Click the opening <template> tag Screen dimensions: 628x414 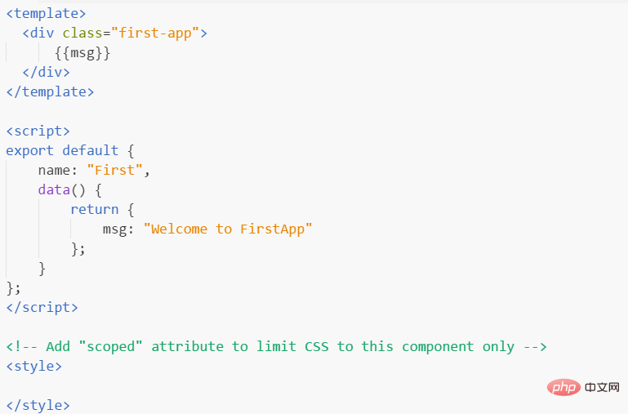click(46, 14)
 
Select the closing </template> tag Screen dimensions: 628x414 click(50, 92)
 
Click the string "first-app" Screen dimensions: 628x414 click(155, 33)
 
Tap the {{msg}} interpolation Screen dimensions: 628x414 click(82, 53)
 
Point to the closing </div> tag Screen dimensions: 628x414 click(46, 73)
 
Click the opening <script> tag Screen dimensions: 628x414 click(38, 131)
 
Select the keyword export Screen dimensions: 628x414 click(30, 151)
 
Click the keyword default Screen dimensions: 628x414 click(91, 150)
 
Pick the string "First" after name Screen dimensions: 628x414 click(114, 170)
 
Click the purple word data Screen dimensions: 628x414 click(54, 189)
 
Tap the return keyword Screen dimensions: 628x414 click(95, 209)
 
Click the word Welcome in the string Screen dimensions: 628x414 click(179, 229)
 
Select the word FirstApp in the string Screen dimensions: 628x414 click(272, 229)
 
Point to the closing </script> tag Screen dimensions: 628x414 click(42, 308)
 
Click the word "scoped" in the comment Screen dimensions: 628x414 click(110, 347)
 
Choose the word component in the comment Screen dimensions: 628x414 click(438, 347)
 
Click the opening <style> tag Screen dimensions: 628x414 click(34, 367)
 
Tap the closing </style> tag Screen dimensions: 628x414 click(38, 406)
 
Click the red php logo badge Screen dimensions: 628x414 click(563, 387)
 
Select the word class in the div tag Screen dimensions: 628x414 click(82, 33)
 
